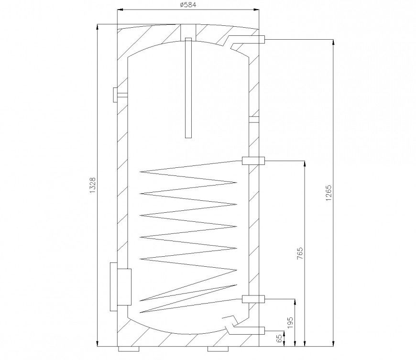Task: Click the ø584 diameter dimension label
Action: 188,5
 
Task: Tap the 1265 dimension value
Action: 328,193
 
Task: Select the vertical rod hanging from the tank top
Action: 188,88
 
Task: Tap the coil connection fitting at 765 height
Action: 253,161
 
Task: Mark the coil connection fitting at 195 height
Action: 253,299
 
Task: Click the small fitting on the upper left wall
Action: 118,95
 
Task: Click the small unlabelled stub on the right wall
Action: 253,117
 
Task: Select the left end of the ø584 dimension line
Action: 118,10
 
